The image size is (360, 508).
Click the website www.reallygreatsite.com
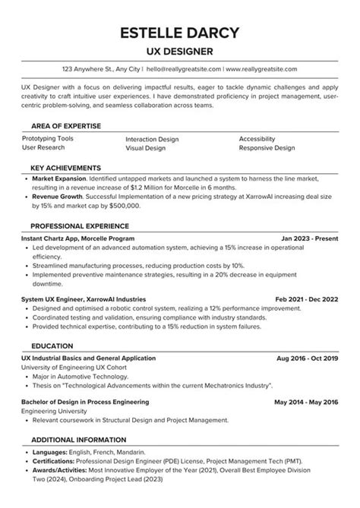tap(261, 69)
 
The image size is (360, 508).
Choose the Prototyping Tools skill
tap(48, 139)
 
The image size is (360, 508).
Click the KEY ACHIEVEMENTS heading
tap(65, 167)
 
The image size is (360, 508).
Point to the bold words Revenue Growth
tap(55, 196)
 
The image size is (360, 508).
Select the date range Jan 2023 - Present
tap(309, 238)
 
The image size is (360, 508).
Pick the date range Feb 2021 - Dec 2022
tap(306, 299)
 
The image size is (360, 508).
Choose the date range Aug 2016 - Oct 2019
tap(308, 357)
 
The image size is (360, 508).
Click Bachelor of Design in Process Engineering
tap(85, 401)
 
